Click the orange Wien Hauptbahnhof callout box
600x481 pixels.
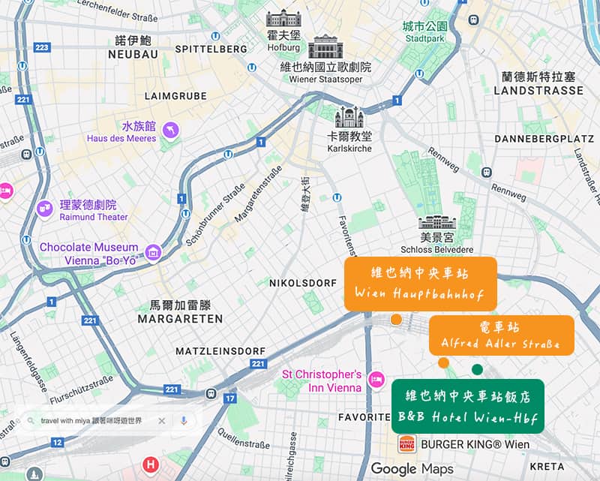click(421, 284)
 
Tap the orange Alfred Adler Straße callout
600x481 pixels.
click(501, 335)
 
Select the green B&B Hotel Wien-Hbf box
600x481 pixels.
click(467, 406)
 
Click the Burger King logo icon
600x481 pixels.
click(407, 444)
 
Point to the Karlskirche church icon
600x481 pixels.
click(349, 117)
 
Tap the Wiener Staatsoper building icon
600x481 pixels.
click(325, 47)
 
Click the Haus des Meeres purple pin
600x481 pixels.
click(171, 131)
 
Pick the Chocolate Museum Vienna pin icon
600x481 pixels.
click(154, 253)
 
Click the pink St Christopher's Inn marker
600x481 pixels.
click(379, 380)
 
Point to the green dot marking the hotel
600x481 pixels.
click(477, 368)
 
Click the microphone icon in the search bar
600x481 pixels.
click(184, 421)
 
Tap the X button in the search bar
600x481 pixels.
click(161, 421)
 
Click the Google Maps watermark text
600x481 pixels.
click(412, 468)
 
